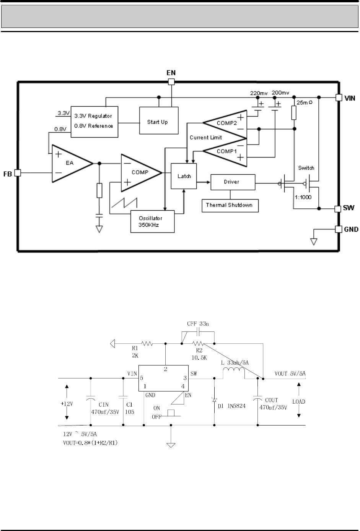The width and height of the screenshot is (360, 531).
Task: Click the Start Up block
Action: (159, 120)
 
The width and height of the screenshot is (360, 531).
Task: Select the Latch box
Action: (184, 176)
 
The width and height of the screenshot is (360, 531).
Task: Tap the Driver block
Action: (233, 182)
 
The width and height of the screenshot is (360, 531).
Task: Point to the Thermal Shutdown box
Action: (230, 206)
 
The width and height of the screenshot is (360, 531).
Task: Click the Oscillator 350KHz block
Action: (153, 221)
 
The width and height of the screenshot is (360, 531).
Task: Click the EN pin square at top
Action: (171, 82)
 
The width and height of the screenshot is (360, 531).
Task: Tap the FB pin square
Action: (18, 173)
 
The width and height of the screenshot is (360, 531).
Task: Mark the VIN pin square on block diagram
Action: (339, 97)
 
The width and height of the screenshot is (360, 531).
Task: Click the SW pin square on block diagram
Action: (338, 209)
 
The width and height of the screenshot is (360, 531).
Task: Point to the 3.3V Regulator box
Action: (94, 122)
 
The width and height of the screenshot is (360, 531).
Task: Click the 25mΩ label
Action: (305, 102)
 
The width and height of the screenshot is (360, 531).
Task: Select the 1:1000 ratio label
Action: (303, 197)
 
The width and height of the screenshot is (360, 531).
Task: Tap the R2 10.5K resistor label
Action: (199, 354)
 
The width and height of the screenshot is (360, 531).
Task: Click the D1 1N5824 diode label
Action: (231, 406)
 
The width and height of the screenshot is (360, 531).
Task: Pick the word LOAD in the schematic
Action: (298, 401)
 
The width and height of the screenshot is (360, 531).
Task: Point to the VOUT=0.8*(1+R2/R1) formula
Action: (90, 443)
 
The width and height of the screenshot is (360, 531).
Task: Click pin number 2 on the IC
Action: (166, 369)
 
